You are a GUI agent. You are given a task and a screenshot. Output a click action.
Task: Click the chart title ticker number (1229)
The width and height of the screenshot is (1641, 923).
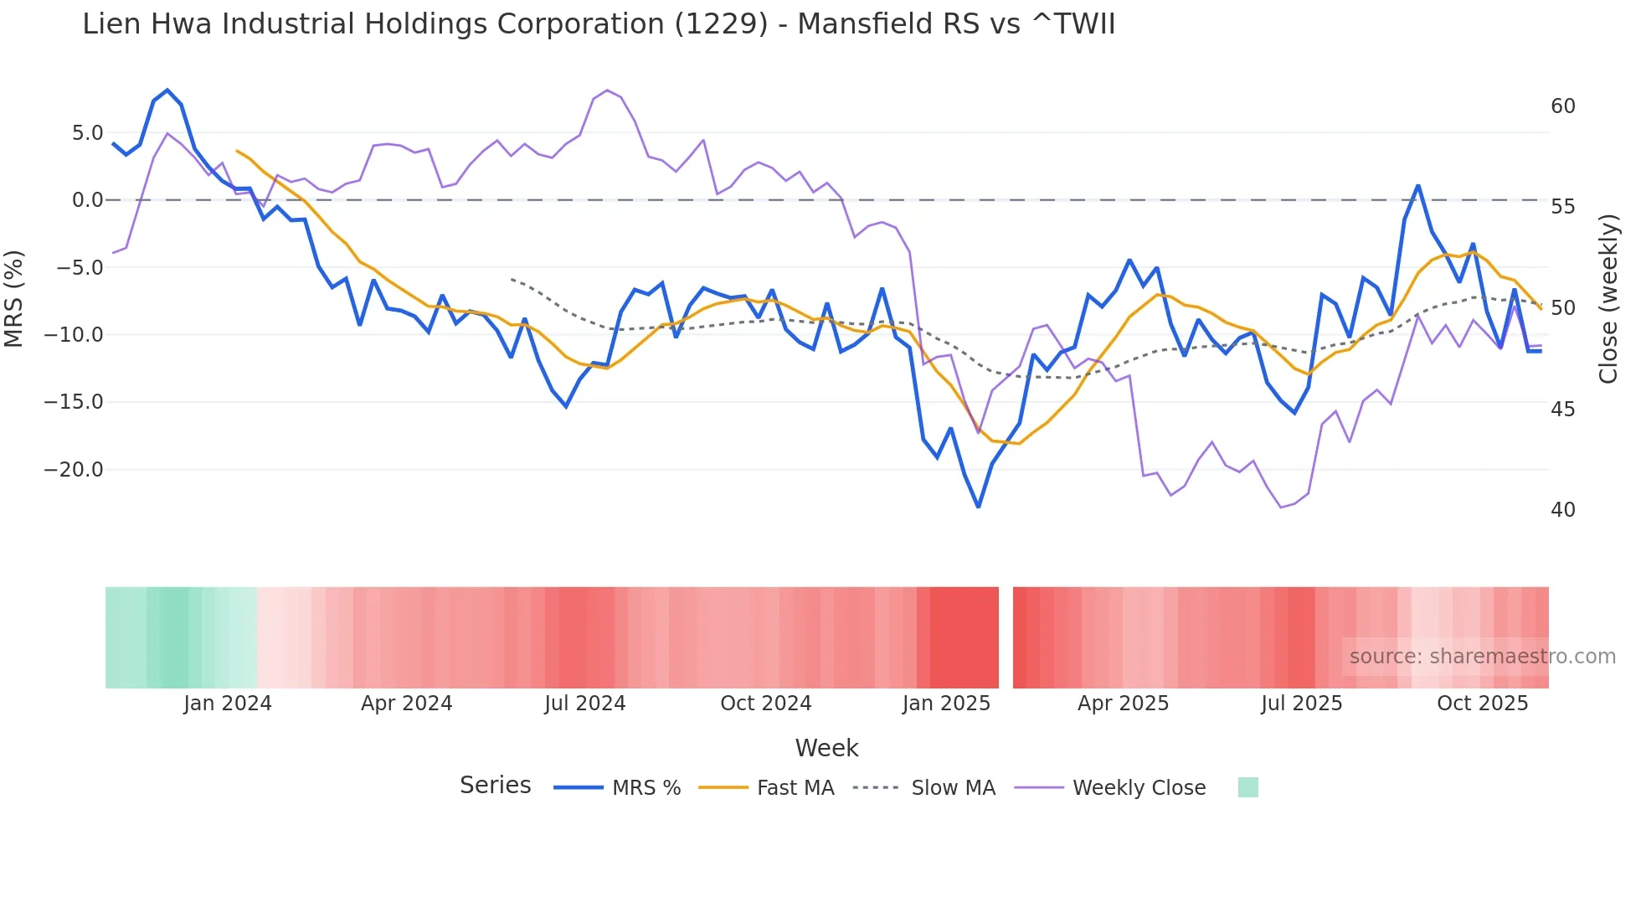721,24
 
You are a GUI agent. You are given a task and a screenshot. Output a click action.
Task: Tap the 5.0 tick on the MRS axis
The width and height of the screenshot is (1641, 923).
87,133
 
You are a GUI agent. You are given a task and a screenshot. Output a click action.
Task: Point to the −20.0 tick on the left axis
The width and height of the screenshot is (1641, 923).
74,470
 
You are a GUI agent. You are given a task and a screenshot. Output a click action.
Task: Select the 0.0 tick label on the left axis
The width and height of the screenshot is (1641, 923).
87,200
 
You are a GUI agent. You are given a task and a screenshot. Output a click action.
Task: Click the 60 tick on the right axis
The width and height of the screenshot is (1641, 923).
1562,106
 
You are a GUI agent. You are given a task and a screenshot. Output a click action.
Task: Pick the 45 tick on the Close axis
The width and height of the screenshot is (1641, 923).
1562,410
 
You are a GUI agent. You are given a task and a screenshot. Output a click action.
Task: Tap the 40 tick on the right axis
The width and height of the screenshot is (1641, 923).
1562,510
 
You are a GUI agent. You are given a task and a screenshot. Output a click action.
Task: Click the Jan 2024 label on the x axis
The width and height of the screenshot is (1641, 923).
228,704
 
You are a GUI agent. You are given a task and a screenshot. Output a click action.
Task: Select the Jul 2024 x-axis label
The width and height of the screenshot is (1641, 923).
584,704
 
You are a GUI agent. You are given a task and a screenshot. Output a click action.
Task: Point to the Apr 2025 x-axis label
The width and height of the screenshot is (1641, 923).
1123,704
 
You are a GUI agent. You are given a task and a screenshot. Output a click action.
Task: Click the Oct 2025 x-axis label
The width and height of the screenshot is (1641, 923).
1482,704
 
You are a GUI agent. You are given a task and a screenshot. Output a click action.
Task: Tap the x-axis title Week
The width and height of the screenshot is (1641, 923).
826,748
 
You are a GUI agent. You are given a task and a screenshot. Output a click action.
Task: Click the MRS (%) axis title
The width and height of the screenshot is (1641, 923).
14,299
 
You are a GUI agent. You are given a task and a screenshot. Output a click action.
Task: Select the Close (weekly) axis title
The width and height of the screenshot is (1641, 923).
1608,299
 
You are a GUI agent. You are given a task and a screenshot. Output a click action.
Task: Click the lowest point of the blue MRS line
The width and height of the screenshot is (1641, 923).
978,507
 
